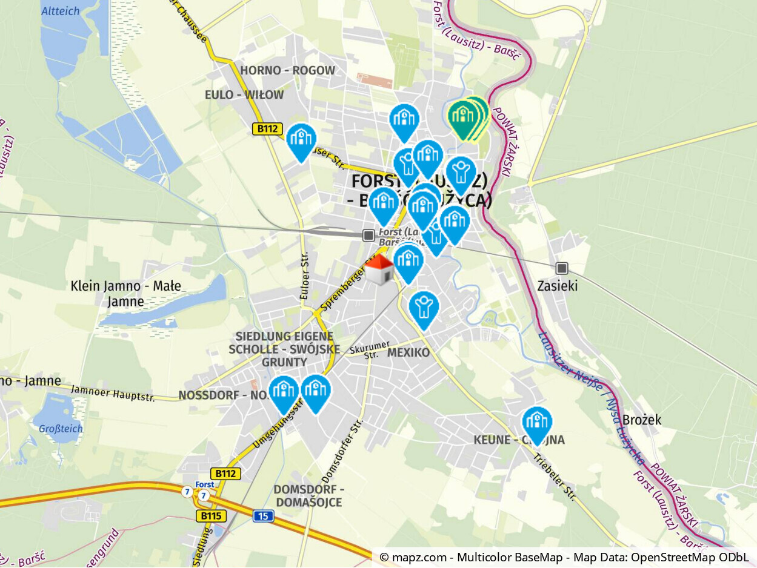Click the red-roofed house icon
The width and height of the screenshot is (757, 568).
tap(379, 269)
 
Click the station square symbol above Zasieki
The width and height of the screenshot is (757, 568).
tap(562, 268)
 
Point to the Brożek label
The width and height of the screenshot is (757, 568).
tap(642, 420)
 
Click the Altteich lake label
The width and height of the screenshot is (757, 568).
tap(61, 10)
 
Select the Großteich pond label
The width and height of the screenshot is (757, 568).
tap(61, 429)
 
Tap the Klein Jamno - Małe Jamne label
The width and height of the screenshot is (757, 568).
tap(125, 294)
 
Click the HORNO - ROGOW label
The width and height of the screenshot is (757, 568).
tap(287, 70)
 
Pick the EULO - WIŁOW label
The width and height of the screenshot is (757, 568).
tap(244, 94)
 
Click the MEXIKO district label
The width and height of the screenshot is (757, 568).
tap(408, 352)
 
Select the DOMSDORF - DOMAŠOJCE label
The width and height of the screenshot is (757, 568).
tap(309, 495)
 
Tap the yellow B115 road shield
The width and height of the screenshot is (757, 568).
tap(211, 516)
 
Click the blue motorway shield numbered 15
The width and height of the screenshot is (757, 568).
tap(264, 516)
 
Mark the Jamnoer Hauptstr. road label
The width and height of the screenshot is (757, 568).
tap(113, 393)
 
